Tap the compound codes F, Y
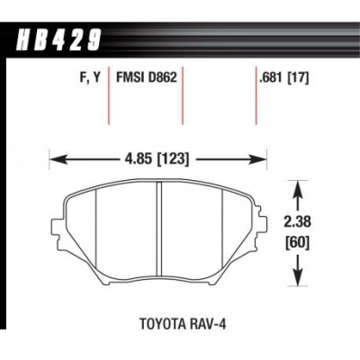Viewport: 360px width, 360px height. (88, 78)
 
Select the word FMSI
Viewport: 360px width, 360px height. (130, 77)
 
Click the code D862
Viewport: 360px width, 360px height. (162, 77)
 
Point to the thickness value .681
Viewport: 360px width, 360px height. (271, 78)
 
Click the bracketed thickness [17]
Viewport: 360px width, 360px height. (298, 78)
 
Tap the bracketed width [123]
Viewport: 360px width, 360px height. (173, 158)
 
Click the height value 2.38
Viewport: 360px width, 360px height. (298, 222)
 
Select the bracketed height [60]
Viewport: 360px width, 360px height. (298, 243)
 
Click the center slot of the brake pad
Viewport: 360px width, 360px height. (159, 229)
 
